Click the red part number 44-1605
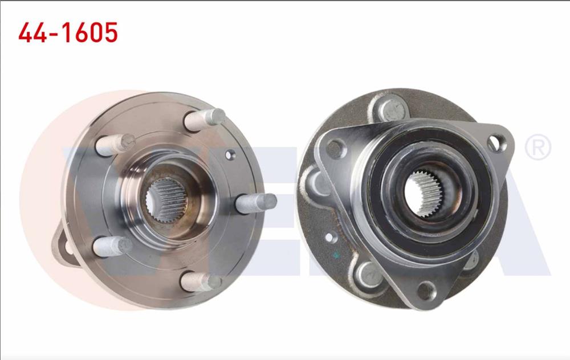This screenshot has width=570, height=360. point(68,33)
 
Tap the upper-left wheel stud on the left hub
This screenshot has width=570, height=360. point(115,144)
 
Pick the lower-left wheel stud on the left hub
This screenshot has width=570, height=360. point(112,247)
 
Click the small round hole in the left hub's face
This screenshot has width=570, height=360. point(230,154)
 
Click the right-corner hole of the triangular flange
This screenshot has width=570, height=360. point(498,142)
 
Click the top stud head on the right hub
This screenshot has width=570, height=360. point(392,109)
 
